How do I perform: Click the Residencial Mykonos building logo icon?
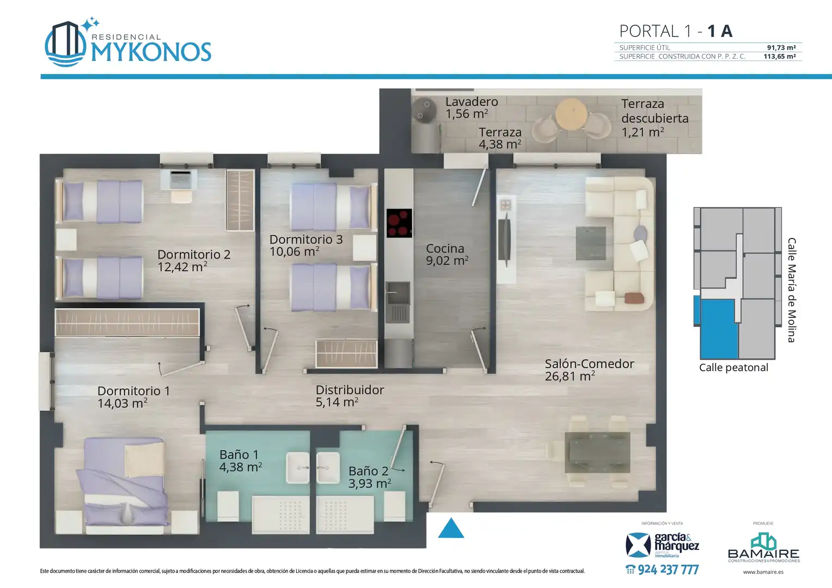[66, 43]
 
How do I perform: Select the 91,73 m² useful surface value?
[781, 47]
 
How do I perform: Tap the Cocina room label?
[445, 248]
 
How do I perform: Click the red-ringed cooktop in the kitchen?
[399, 223]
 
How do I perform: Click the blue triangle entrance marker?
[451, 528]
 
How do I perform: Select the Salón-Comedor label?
[590, 364]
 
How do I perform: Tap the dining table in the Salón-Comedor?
[597, 452]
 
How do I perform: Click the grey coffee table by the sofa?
[591, 243]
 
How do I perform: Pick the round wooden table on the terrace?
[571, 114]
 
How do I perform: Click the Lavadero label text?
[472, 101]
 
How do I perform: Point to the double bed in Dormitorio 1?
[125, 487]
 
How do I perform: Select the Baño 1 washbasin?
[297, 468]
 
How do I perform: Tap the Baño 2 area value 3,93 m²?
[370, 483]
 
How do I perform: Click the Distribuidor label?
[350, 390]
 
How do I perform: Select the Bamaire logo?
[763, 547]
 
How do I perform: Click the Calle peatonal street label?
[733, 367]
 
